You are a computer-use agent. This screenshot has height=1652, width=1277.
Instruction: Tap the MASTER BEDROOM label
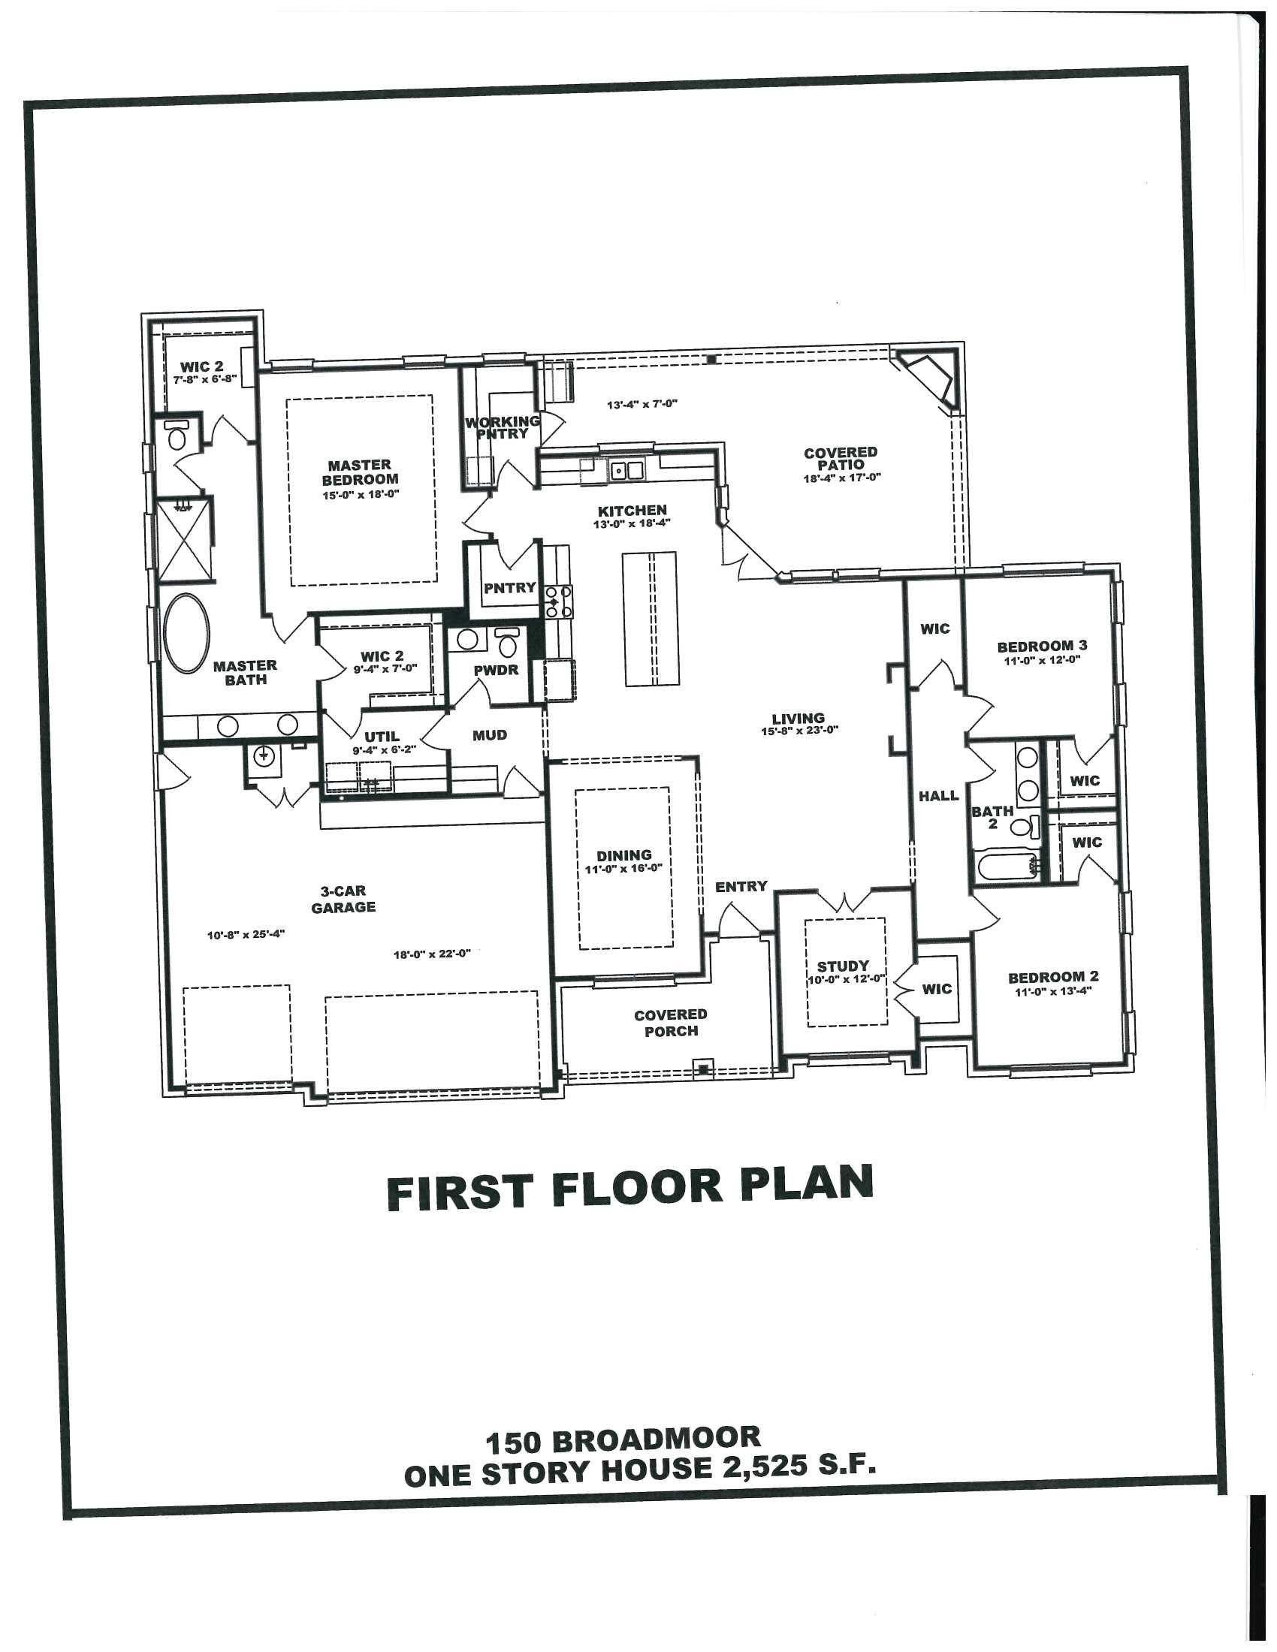pyautogui.click(x=360, y=472)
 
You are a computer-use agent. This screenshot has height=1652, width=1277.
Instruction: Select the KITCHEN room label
pyautogui.click(x=632, y=511)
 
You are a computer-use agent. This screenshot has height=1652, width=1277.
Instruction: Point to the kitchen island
pyautogui.click(x=649, y=619)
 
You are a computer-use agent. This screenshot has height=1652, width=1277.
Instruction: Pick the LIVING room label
pyautogui.click(x=798, y=719)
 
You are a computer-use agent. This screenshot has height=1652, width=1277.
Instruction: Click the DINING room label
pyautogui.click(x=623, y=855)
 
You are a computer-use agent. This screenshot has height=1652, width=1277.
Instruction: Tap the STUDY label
pyautogui.click(x=843, y=966)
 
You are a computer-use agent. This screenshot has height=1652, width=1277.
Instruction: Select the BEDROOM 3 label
pyautogui.click(x=1042, y=646)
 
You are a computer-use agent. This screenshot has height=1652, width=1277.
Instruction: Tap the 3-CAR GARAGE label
pyautogui.click(x=343, y=900)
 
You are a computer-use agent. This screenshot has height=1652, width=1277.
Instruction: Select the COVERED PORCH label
pyautogui.click(x=670, y=1022)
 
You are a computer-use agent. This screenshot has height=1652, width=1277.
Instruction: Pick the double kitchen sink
pyautogui.click(x=627, y=471)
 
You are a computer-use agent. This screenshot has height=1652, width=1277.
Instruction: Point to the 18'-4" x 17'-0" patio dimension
pyautogui.click(x=843, y=478)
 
